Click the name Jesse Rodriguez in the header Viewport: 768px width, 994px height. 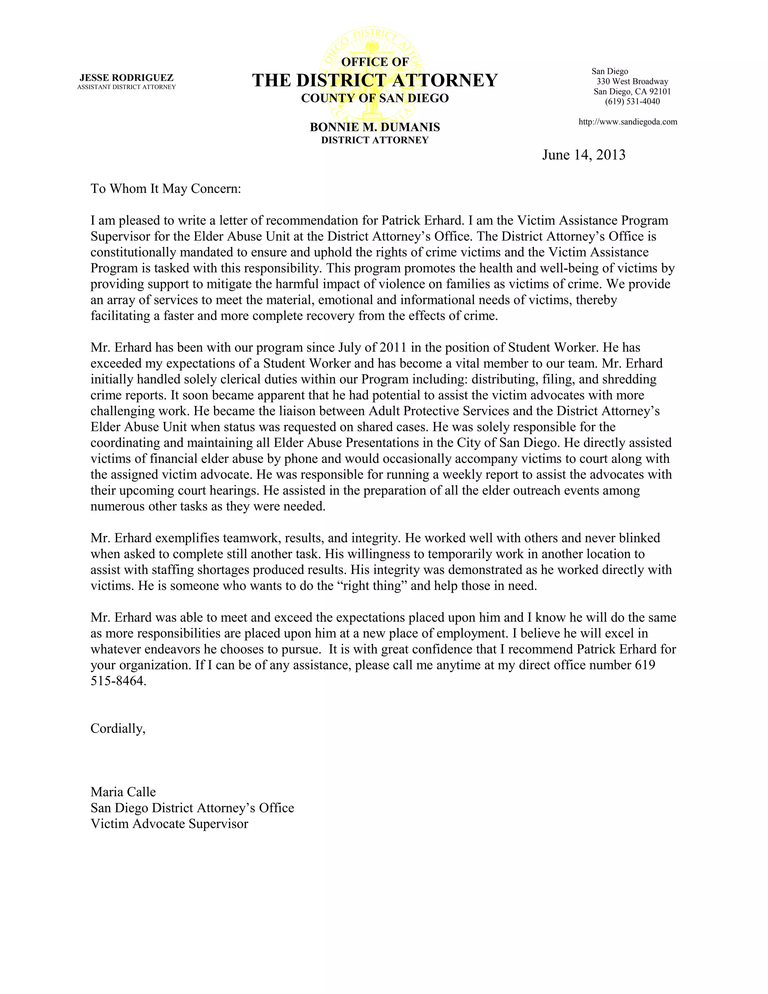coord(126,78)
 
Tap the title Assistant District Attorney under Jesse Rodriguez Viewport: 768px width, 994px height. coord(126,87)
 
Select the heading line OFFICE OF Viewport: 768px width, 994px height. coord(375,62)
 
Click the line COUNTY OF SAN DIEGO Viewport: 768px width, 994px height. coord(375,98)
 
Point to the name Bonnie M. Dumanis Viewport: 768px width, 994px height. coord(375,127)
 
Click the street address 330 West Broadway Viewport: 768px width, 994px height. coord(632,81)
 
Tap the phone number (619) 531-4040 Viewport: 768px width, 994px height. coord(632,102)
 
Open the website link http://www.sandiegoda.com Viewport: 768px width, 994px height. coord(627,122)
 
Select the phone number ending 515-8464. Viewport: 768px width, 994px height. coord(118,681)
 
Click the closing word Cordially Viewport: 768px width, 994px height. coord(118,729)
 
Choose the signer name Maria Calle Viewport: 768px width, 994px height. coord(123,792)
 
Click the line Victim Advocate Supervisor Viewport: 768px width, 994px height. coord(169,824)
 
